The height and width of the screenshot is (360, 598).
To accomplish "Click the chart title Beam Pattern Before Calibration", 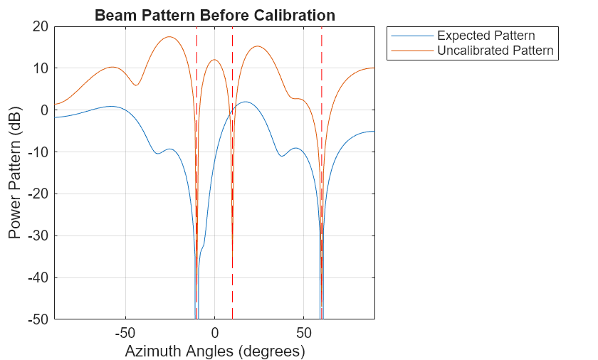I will pyautogui.click(x=214, y=15).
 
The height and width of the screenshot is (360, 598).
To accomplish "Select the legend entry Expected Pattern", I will pyautogui.click(x=486, y=36).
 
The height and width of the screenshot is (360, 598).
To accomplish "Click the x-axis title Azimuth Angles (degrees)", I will pyautogui.click(x=214, y=351).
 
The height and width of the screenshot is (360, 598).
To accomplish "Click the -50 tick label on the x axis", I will pyautogui.click(x=125, y=332).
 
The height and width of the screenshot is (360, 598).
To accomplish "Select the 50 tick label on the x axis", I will pyautogui.click(x=303, y=332).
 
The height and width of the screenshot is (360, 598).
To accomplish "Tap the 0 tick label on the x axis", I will pyautogui.click(x=214, y=332).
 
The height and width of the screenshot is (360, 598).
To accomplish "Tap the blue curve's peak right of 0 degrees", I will pyautogui.click(x=244, y=102).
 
